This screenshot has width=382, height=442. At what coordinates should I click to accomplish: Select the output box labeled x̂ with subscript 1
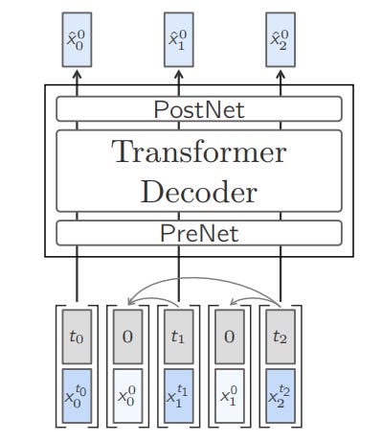(x=178, y=40)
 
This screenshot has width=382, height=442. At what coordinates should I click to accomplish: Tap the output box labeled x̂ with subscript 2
(x=280, y=40)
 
